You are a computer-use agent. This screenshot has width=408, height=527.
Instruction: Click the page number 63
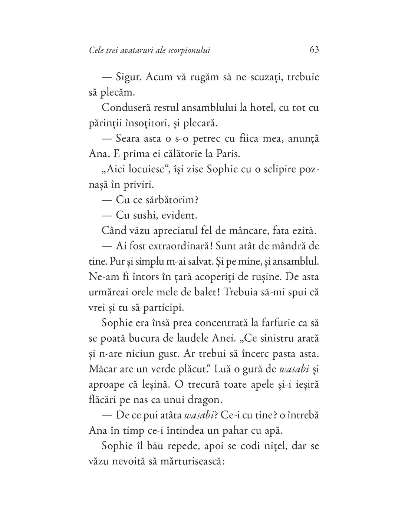(314, 49)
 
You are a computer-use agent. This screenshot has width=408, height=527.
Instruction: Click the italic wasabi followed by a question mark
(200, 415)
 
